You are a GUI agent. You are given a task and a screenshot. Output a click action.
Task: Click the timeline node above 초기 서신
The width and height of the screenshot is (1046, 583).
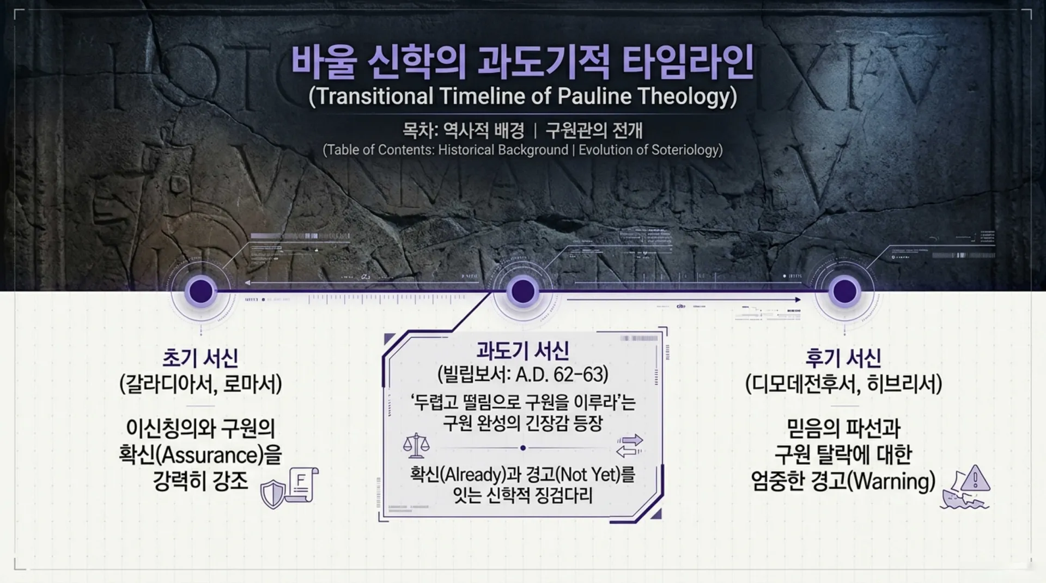tap(200, 291)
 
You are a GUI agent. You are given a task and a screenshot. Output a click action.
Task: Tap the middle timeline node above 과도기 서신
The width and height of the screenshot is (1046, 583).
tap(522, 291)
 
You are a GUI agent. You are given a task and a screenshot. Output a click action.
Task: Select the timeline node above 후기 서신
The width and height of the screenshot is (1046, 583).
tap(844, 291)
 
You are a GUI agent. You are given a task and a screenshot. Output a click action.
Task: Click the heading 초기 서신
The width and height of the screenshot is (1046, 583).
tap(200, 358)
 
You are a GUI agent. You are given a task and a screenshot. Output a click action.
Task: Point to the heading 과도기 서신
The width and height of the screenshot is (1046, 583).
tap(522, 351)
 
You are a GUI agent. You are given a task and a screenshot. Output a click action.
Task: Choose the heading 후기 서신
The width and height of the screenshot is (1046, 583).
tap(843, 358)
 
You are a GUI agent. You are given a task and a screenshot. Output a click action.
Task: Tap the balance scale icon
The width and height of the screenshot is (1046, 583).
tap(416, 445)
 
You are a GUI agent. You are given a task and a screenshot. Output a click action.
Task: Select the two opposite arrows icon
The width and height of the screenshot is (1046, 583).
tap(629, 446)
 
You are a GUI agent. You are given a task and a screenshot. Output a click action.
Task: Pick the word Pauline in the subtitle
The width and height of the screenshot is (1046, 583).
tap(594, 96)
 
